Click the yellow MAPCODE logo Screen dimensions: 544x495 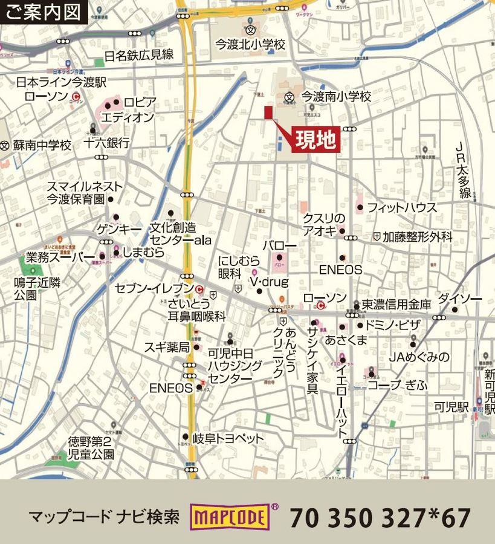230,517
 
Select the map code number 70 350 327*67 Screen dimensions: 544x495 380,518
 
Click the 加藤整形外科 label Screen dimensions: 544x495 417,237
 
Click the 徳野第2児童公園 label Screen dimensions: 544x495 91,447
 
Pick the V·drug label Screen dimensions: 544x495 270,282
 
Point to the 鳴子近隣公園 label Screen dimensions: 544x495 38,288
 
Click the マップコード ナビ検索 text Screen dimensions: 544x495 104,517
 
